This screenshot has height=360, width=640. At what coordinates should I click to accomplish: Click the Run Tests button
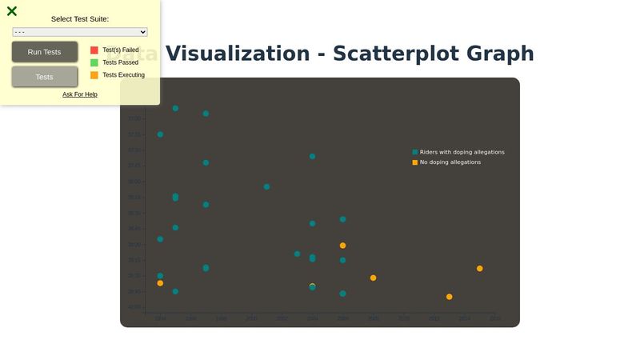44,52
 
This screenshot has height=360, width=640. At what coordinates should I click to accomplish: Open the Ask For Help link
80,94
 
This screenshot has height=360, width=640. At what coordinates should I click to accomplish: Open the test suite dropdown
80,32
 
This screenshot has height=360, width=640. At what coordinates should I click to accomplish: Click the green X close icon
12,11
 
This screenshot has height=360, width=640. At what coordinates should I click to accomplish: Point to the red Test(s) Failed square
94,50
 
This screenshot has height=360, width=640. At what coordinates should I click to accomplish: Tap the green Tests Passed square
94,62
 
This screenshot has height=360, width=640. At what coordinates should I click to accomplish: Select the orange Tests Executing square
94,75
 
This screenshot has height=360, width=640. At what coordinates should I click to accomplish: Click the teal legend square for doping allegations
415,152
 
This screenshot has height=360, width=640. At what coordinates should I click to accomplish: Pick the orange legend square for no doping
415,162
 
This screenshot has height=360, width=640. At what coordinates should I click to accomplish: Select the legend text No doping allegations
450,162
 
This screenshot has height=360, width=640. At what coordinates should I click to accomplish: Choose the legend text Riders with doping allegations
462,152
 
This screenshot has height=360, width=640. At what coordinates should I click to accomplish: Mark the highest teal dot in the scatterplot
175,108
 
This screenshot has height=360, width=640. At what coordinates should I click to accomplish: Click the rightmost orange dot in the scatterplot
479,269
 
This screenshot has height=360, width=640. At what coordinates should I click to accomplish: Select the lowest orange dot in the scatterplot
449,297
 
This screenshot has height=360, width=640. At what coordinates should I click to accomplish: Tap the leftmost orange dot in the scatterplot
160,283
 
